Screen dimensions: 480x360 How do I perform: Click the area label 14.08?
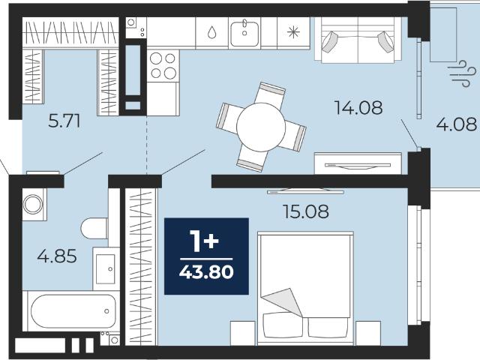(358, 108)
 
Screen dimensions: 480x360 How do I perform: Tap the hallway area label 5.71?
(64, 121)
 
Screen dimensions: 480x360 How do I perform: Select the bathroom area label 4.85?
(57, 256)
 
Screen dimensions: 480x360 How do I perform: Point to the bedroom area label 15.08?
(306, 211)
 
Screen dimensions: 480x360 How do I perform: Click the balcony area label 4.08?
(457, 124)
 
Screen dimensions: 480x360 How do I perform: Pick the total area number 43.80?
(206, 271)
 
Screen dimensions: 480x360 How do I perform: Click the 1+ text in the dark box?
(204, 241)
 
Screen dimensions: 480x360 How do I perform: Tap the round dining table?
(261, 127)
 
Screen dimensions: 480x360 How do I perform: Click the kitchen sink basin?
(244, 34)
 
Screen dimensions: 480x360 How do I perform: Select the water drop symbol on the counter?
(211, 32)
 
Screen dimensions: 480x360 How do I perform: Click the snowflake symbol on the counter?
(293, 31)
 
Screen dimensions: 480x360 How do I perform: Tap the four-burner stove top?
(163, 65)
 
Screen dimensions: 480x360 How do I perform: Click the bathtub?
(73, 311)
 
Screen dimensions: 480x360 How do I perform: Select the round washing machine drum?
(33, 204)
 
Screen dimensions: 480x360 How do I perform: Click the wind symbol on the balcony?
(462, 73)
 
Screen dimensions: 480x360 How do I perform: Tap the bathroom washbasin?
(106, 268)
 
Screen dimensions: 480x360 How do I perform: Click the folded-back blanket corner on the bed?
(282, 301)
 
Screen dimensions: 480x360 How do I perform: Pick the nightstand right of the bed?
(368, 333)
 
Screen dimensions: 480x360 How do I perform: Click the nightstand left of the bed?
(243, 333)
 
